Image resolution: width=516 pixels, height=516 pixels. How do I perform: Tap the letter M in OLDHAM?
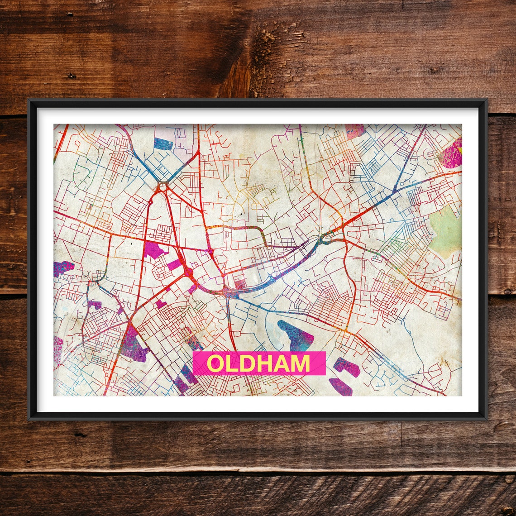click(299, 363)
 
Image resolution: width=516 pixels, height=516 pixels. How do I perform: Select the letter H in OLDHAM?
click(264, 363)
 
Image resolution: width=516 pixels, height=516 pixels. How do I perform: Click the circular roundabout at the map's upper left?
click(162, 186)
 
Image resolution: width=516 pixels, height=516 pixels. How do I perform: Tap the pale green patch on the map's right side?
click(445, 231)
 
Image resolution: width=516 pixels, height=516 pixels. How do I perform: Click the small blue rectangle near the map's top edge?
click(163, 144)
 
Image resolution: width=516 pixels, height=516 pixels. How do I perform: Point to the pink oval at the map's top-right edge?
click(451, 154)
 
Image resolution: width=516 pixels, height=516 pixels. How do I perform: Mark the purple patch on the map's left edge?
click(62, 268)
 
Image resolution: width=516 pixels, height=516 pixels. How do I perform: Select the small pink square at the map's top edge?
click(354, 131)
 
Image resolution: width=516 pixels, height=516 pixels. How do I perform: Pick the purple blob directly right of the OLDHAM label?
click(347, 367)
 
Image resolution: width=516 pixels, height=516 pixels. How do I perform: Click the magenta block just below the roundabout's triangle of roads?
click(154, 250)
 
